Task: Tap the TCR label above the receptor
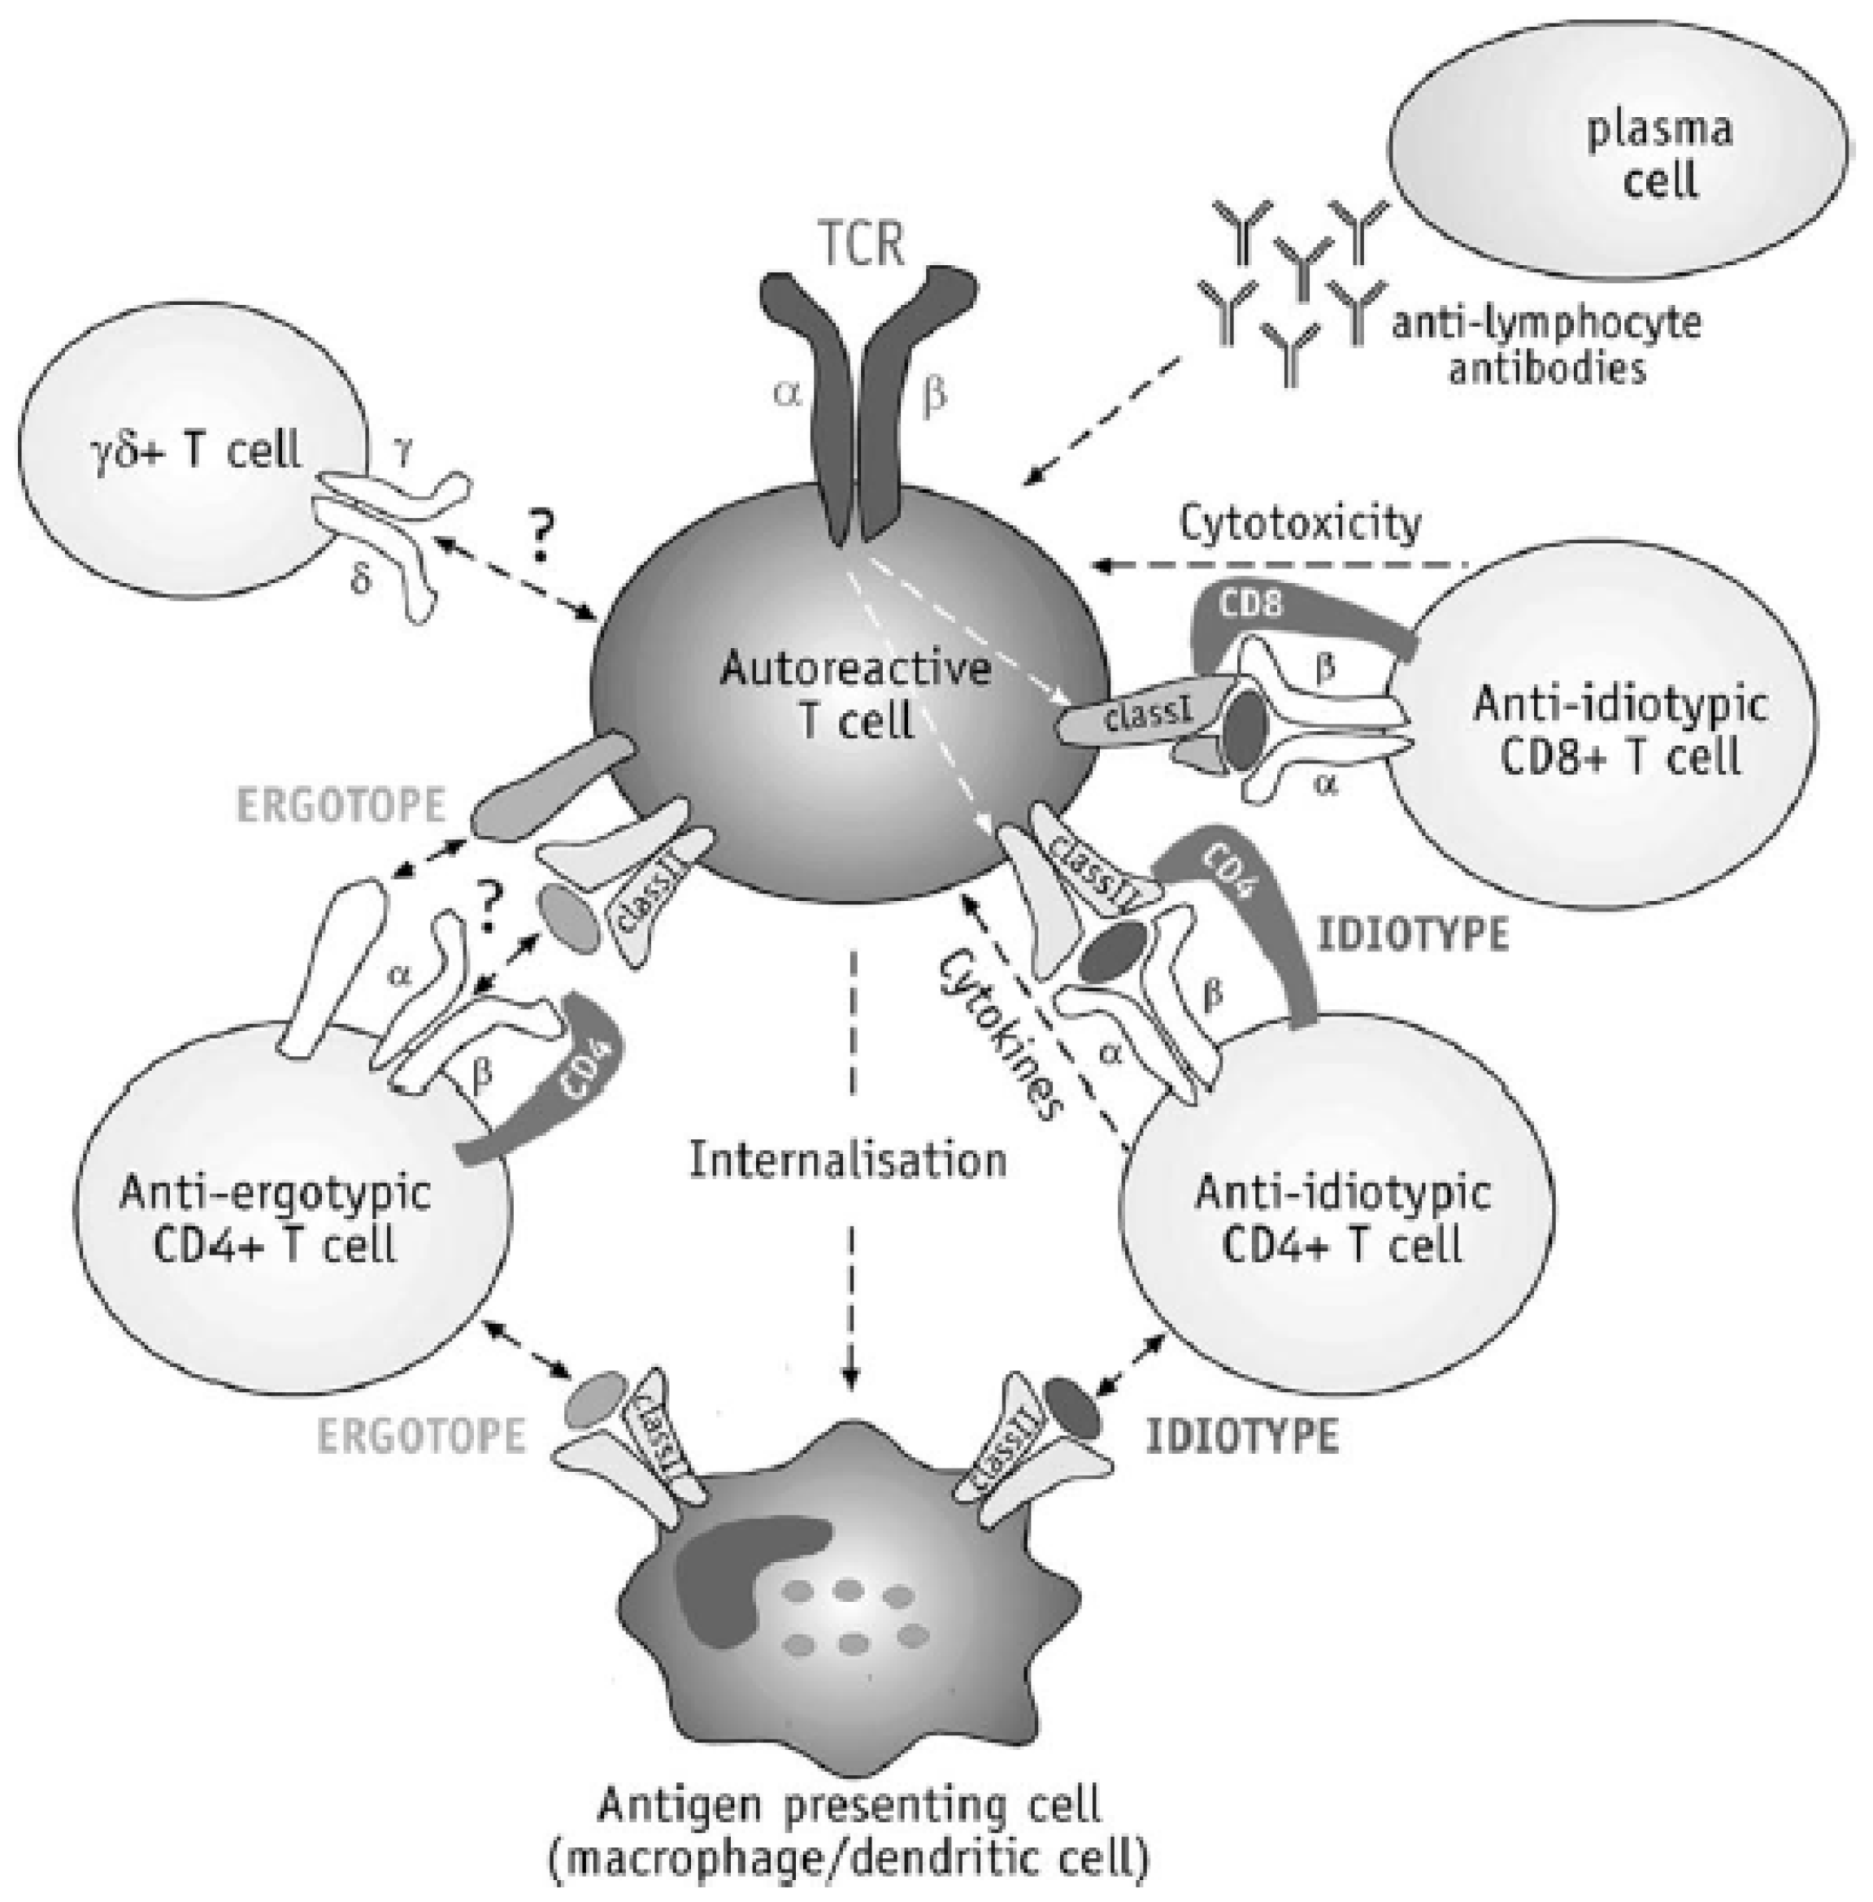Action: pyautogui.click(x=862, y=243)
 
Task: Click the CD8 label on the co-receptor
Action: pyautogui.click(x=1250, y=603)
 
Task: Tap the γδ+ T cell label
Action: pyautogui.click(x=198, y=450)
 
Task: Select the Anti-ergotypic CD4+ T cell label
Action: pyautogui.click(x=275, y=1218)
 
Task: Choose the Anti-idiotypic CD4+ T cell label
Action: pyautogui.click(x=1343, y=1218)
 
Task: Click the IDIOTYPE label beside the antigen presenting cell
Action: pyautogui.click(x=1241, y=1437)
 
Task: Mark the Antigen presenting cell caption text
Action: pyautogui.click(x=849, y=1832)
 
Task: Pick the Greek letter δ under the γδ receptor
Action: pyautogui.click(x=362, y=581)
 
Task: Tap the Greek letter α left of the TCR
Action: pyautogui.click(x=786, y=394)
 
